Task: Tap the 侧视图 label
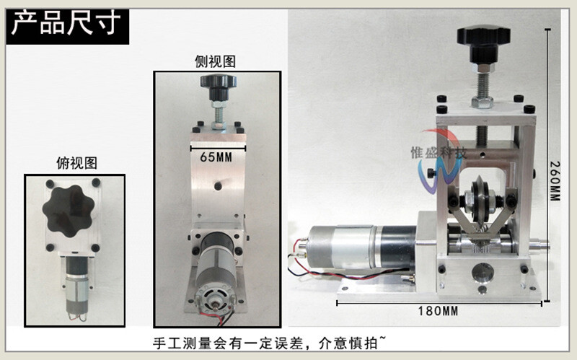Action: (x=215, y=62)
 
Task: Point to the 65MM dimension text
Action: (x=216, y=156)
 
